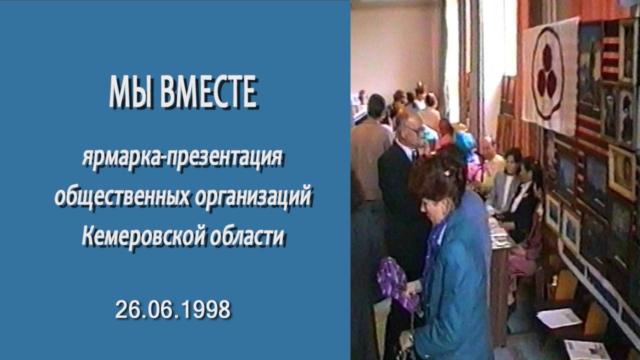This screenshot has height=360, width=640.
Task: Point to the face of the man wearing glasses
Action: coord(411,128)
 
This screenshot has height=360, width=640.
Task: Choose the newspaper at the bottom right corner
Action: coord(587,349)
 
